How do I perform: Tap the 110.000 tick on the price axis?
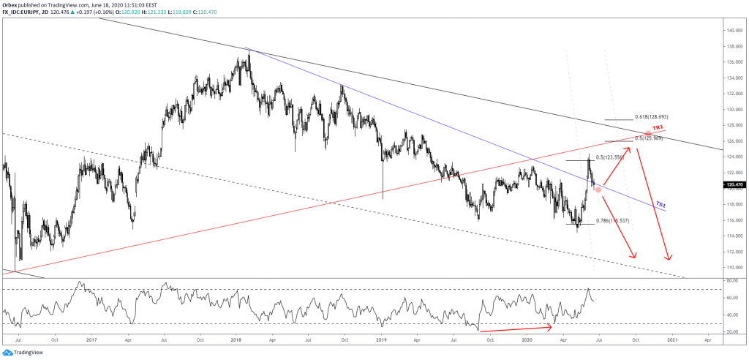click(733, 268)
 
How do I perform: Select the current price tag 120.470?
click(733, 185)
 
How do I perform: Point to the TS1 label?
click(660, 203)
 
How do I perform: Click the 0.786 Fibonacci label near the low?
click(613, 221)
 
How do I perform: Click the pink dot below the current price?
click(599, 190)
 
